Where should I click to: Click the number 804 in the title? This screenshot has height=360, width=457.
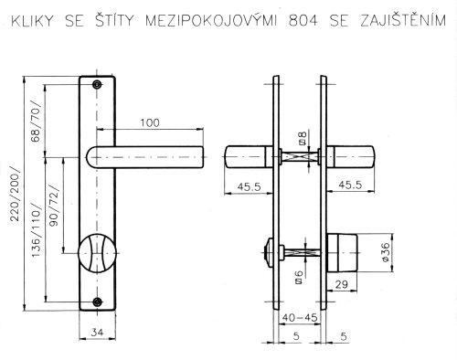[x=303, y=21]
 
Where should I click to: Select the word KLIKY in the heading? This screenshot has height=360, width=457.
[x=32, y=21]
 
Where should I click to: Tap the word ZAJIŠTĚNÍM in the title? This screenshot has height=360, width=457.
[x=403, y=19]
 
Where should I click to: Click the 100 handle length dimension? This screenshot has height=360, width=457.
[x=150, y=122]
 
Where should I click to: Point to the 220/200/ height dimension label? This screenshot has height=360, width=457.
[x=15, y=194]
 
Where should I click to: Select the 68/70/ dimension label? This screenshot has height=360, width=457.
[x=36, y=122]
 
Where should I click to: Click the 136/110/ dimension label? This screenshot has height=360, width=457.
[x=36, y=230]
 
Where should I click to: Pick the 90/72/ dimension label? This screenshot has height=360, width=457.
[x=54, y=206]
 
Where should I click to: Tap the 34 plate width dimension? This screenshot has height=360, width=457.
[x=98, y=332]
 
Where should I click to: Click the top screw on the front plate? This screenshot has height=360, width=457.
[x=97, y=84]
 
